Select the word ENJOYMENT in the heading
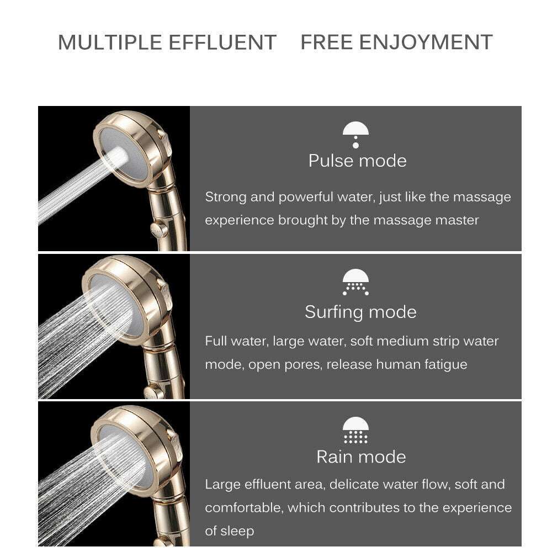tap(426, 43)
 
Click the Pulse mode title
tap(357, 161)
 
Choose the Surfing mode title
tap(360, 312)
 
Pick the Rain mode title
tap(361, 457)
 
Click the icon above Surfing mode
tap(355, 282)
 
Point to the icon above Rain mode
tap(355, 431)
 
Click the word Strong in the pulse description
tap(225, 197)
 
